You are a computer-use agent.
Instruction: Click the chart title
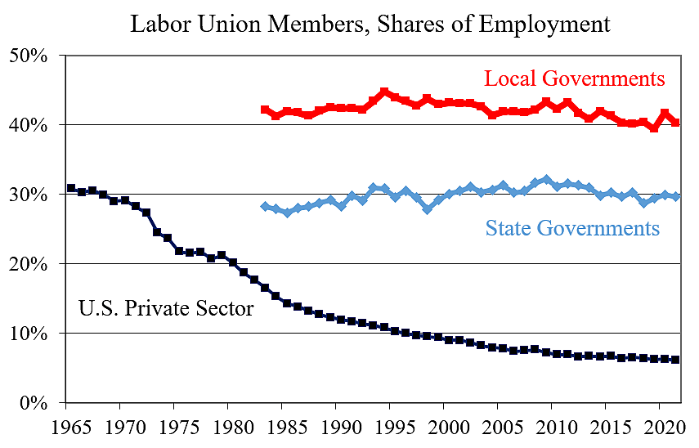(370, 24)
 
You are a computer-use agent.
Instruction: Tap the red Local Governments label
(574, 78)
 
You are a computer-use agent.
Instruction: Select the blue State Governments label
(572, 228)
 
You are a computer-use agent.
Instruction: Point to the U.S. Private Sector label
(166, 308)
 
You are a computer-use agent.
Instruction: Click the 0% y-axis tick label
(34, 404)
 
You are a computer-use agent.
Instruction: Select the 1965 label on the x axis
(65, 428)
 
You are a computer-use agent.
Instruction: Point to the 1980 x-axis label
(227, 428)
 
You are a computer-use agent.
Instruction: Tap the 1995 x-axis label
(389, 428)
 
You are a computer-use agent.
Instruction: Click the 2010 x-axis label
(551, 428)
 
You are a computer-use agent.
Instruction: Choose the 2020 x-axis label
(659, 428)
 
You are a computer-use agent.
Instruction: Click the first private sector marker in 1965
(71, 188)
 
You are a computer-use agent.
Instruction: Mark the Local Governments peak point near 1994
(384, 92)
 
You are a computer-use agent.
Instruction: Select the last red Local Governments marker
(675, 123)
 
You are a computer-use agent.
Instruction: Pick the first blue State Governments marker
(265, 207)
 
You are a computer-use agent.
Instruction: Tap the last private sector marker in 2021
(675, 360)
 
